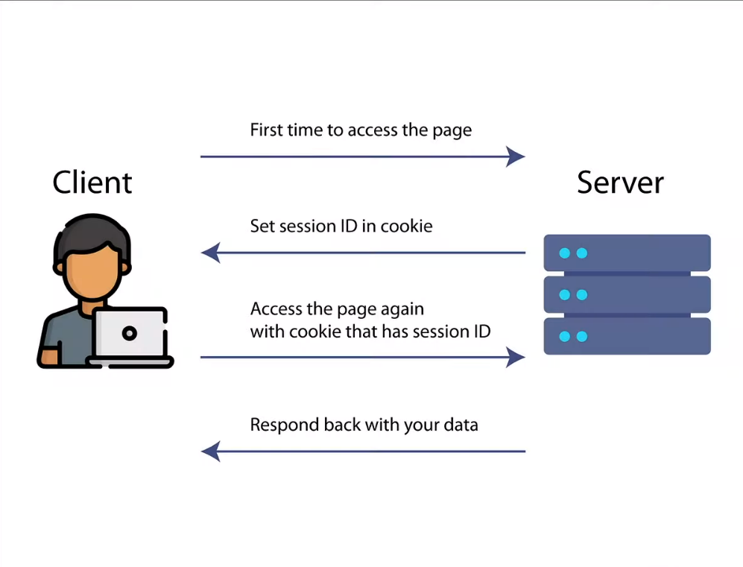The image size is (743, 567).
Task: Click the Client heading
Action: [x=92, y=183]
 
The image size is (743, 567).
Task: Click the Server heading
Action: [x=620, y=183]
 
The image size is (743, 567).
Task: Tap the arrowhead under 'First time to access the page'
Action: [x=516, y=156]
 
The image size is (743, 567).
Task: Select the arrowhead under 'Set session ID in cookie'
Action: [x=211, y=253]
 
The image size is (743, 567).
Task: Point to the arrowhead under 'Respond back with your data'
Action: [x=211, y=452]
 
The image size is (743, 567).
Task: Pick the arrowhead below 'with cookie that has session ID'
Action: [x=516, y=357]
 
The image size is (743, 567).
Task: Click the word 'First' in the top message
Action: [x=267, y=130]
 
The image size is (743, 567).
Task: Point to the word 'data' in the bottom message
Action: [x=461, y=425]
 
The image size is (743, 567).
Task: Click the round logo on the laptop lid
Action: [x=130, y=333]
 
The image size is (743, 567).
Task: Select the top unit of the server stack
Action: [x=627, y=253]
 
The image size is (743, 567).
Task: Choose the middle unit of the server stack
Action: [x=627, y=294]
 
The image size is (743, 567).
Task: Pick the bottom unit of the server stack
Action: [x=627, y=336]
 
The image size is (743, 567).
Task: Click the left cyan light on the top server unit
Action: [x=564, y=253]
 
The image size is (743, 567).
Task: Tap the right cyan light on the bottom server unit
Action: [x=582, y=336]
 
